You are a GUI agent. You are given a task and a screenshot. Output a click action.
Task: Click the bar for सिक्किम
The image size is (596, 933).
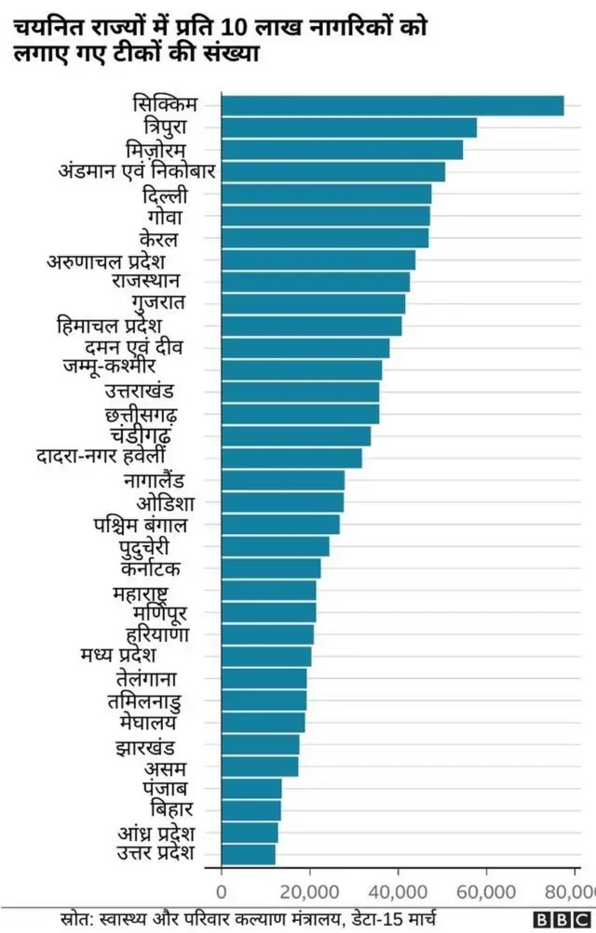(392, 106)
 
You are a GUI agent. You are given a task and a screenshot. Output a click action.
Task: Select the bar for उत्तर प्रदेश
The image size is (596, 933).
(249, 853)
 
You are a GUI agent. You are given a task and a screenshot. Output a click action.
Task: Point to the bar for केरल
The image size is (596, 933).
(325, 238)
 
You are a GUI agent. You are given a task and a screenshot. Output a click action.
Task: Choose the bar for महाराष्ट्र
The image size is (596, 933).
(269, 590)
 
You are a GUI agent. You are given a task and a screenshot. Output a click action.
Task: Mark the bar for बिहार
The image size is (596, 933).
(251, 809)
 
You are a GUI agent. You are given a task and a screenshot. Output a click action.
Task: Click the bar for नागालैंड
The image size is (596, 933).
(282, 481)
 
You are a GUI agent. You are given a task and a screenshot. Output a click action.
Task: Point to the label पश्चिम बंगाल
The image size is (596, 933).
(140, 526)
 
